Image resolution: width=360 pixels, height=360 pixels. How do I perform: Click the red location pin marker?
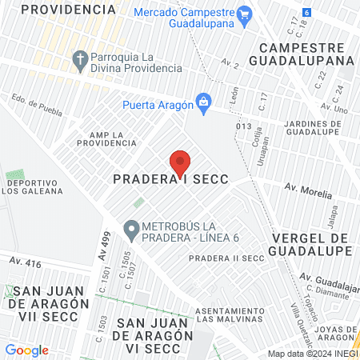[x=180, y=162]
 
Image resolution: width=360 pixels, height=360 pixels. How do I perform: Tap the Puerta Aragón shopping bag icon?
[x=204, y=102]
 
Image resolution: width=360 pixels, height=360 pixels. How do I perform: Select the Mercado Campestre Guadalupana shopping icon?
[x=245, y=14]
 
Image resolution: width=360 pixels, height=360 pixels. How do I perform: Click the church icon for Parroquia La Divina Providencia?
[x=79, y=59]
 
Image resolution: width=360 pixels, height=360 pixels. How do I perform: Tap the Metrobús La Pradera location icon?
[x=130, y=231]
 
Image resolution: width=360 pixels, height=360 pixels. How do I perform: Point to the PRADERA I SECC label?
[x=170, y=181]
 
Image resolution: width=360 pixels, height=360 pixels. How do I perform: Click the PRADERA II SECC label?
[x=226, y=258]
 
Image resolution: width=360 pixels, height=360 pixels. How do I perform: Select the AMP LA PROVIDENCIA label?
[x=106, y=138]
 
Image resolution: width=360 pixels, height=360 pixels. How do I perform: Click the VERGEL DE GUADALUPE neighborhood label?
[x=312, y=245]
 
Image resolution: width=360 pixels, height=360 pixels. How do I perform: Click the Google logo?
[x=26, y=350]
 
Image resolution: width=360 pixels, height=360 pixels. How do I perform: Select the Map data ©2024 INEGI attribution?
[x=311, y=354]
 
